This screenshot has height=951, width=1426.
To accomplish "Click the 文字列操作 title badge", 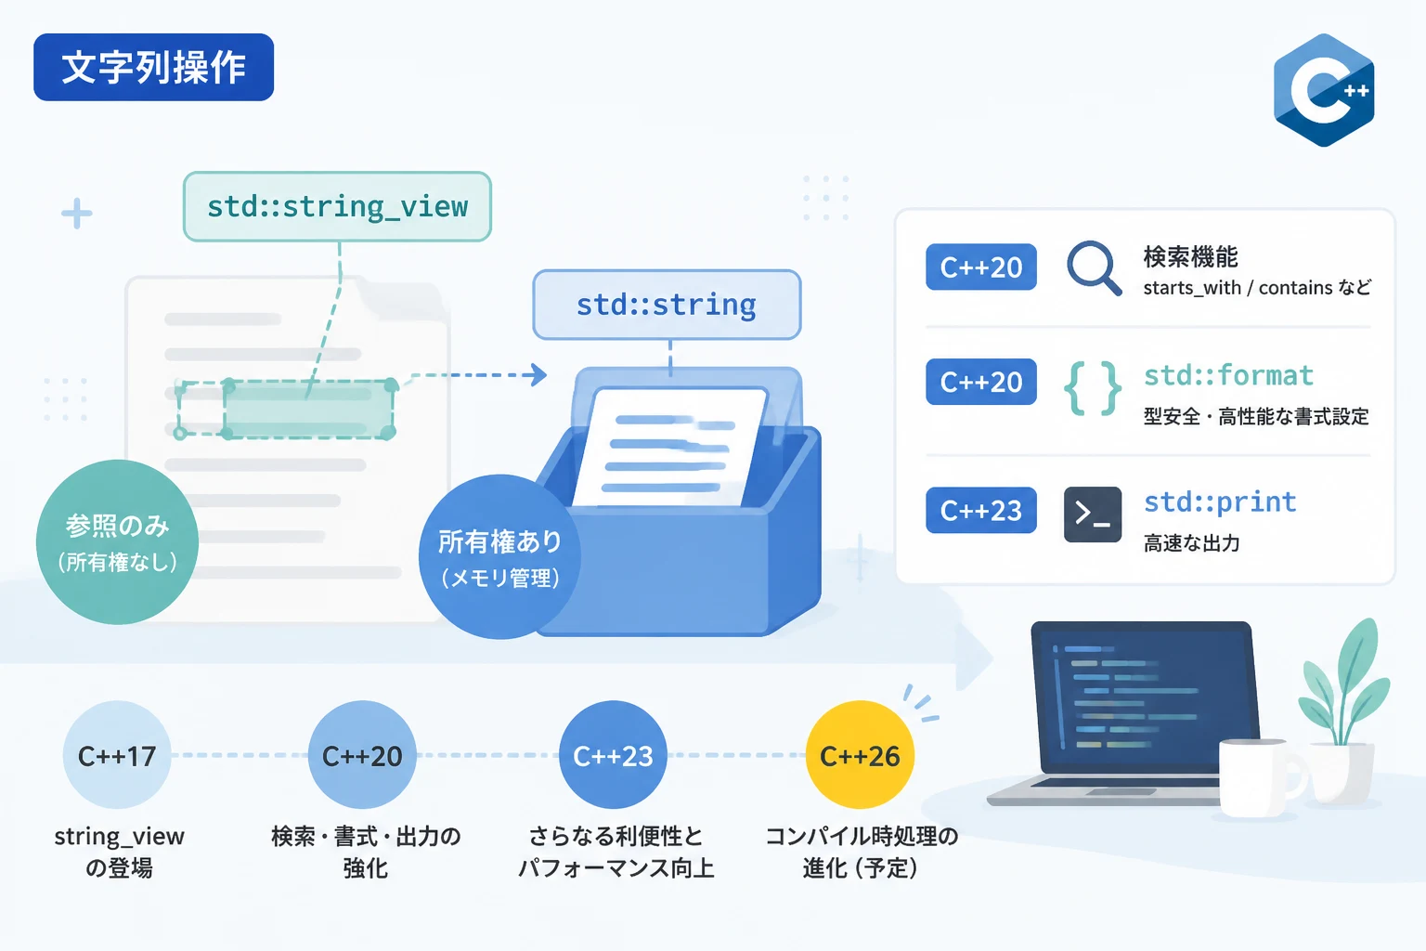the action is click(153, 67).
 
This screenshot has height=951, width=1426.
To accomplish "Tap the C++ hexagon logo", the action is click(1324, 90).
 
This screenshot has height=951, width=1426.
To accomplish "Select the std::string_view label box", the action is click(337, 206).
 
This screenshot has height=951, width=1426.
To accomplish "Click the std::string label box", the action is click(667, 305).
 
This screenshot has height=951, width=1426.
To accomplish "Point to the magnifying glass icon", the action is click(1093, 267).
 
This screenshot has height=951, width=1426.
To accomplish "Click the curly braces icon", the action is click(1093, 388).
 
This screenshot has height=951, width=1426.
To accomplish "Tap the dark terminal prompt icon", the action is click(1093, 514).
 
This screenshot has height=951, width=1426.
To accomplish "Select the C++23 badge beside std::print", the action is click(981, 510).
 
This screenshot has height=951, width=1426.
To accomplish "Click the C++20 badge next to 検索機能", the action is click(981, 267).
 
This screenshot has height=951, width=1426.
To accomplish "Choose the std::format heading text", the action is click(1228, 375).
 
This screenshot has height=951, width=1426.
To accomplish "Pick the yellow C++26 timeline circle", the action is click(860, 755).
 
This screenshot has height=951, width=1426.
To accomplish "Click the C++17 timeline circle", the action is click(117, 755).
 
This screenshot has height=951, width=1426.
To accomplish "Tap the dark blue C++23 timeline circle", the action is click(613, 755).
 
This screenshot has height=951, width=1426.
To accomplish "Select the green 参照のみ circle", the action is click(117, 542).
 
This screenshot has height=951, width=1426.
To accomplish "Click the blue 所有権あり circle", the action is click(499, 556).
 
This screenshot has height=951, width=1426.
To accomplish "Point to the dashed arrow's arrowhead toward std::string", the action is click(539, 374).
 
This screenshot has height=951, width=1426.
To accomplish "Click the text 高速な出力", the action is click(1192, 543).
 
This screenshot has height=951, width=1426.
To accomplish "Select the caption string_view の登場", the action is click(119, 852).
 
